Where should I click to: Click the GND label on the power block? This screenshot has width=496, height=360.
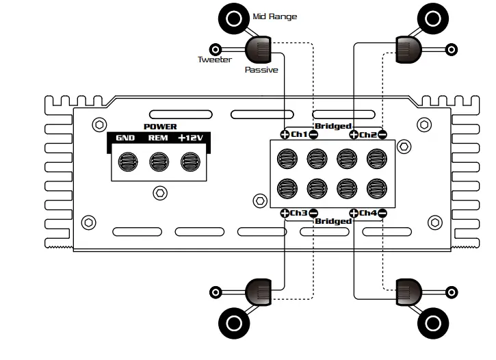pos(125,138)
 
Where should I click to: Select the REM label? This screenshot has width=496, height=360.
pos(159,138)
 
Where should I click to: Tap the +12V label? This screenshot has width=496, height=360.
pos(192,138)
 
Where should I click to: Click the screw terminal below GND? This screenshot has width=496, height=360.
pos(127,162)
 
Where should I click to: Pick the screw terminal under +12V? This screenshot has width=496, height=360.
pos(190,162)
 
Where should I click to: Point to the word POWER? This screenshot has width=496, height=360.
pos(160,127)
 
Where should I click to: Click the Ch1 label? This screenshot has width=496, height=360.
pos(299,134)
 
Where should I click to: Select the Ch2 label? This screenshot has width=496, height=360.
pos(368,134)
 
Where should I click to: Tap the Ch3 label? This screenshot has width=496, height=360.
pos(299,213)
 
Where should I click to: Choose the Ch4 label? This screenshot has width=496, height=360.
pos(368,213)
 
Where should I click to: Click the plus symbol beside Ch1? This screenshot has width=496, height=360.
pos(285,134)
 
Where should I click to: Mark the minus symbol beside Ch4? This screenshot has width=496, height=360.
pos(382,213)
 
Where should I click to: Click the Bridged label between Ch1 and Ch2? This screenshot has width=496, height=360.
pos(332,127)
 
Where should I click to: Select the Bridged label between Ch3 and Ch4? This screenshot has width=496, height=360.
pos(332,221)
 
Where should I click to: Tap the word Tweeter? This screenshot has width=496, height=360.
pos(215,60)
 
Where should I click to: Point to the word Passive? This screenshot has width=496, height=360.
pos(261,70)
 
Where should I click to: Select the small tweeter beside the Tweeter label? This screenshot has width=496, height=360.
pos(217,49)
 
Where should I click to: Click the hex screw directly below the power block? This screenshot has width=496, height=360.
pos(160,193)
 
